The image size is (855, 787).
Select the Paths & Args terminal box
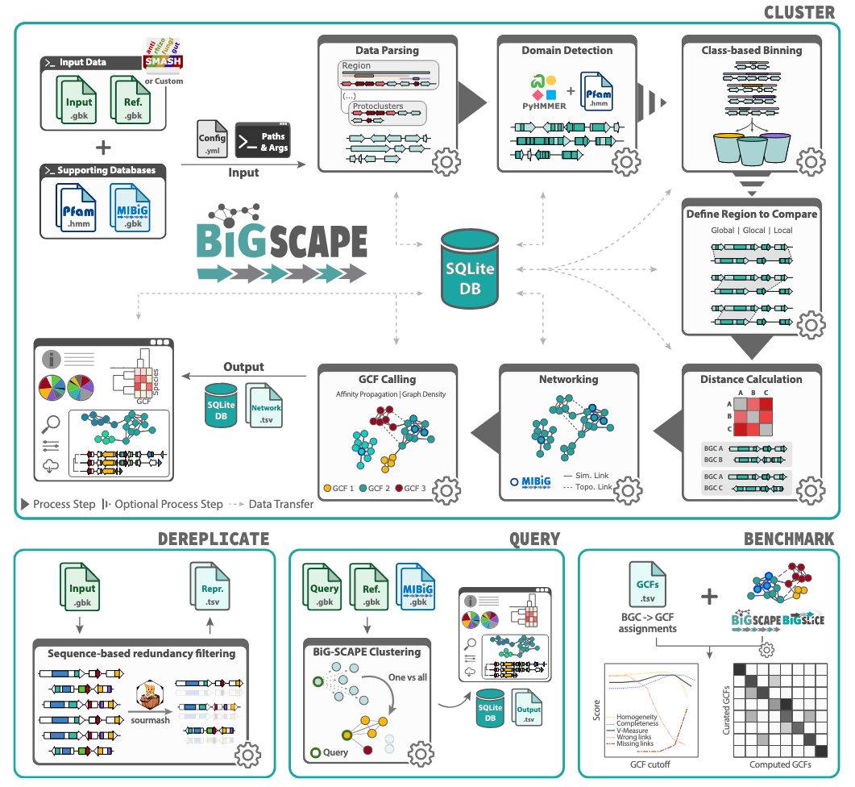point(262,141)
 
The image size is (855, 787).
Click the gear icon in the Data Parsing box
point(446,162)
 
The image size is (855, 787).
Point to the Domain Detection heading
point(567,50)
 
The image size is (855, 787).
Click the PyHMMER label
point(544,106)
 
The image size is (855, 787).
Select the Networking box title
point(568,379)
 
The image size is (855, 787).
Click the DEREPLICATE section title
point(213,539)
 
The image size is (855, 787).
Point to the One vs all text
point(408,677)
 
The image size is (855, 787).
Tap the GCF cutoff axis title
point(649,764)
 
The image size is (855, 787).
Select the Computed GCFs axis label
point(780,764)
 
